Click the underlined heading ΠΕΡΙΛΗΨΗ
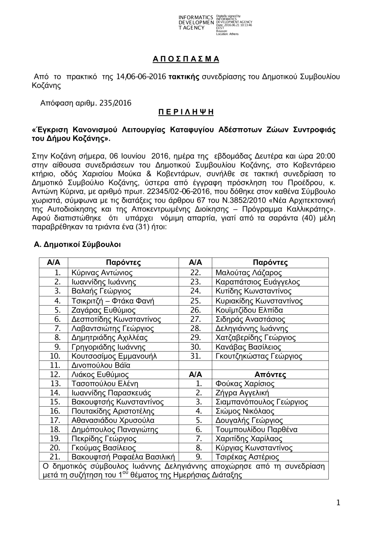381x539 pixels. pyautogui.click(x=186, y=112)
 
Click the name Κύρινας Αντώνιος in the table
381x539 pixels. pyautogui.click(x=102, y=273)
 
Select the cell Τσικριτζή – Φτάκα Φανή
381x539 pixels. pyautogui.click(x=113, y=301)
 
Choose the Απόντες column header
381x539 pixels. pyautogui.click(x=270, y=375)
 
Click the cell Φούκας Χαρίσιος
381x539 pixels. pyautogui.click(x=245, y=384)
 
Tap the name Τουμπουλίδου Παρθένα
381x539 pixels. pyautogui.click(x=256, y=430)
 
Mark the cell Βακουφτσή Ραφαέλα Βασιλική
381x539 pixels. pyautogui.click(x=123, y=457)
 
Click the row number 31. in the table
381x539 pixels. pyautogui.click(x=195, y=356)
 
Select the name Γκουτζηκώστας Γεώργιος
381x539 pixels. pyautogui.click(x=259, y=356)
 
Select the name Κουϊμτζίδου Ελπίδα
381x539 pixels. pyautogui.click(x=249, y=310)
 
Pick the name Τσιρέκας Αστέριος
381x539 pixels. pyautogui.click(x=247, y=457)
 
